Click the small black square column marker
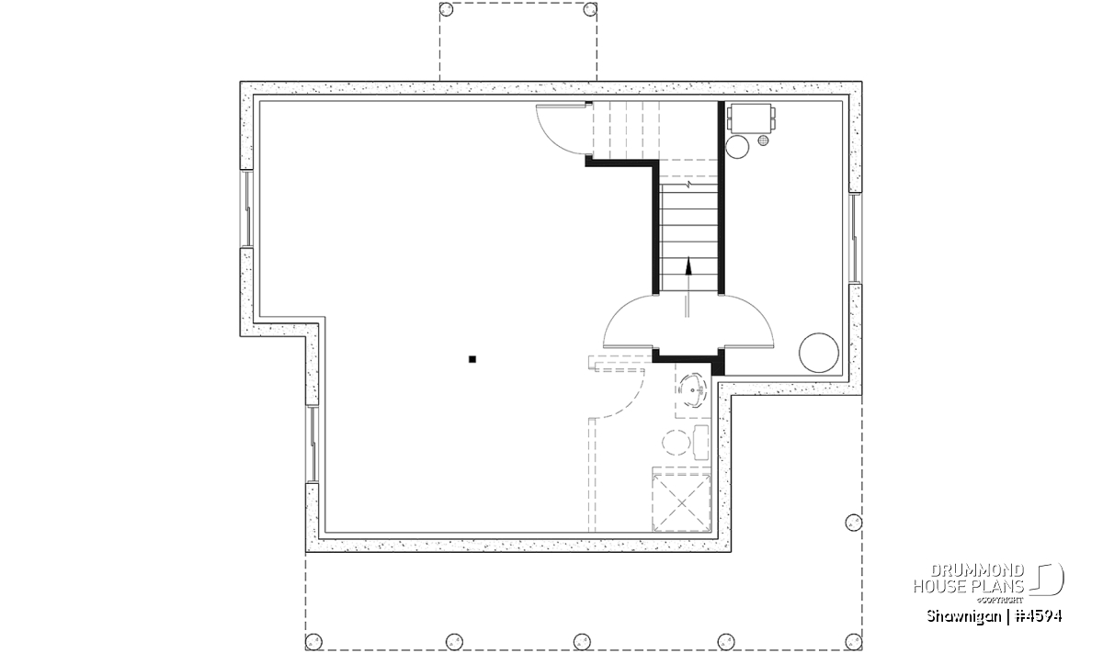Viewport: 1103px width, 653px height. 472,359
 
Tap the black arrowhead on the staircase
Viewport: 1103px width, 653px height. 688,265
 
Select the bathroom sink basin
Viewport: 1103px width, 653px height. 693,391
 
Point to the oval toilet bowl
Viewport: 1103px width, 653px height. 677,443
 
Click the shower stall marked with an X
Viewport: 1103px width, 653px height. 681,502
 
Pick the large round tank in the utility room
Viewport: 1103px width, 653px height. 818,353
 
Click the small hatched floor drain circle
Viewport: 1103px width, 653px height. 763,141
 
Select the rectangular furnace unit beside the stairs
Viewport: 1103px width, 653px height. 751,118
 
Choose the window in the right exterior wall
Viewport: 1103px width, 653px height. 856,238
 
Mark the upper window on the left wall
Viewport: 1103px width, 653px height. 246,209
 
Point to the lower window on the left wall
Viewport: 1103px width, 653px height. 313,445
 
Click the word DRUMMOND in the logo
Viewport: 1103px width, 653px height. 977,570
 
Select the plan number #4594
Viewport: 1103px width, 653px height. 1039,616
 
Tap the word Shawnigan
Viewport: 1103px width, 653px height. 963,617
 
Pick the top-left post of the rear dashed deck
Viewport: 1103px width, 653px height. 446,9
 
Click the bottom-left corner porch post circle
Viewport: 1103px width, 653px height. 313,642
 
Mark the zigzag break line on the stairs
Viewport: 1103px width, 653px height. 688,185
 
